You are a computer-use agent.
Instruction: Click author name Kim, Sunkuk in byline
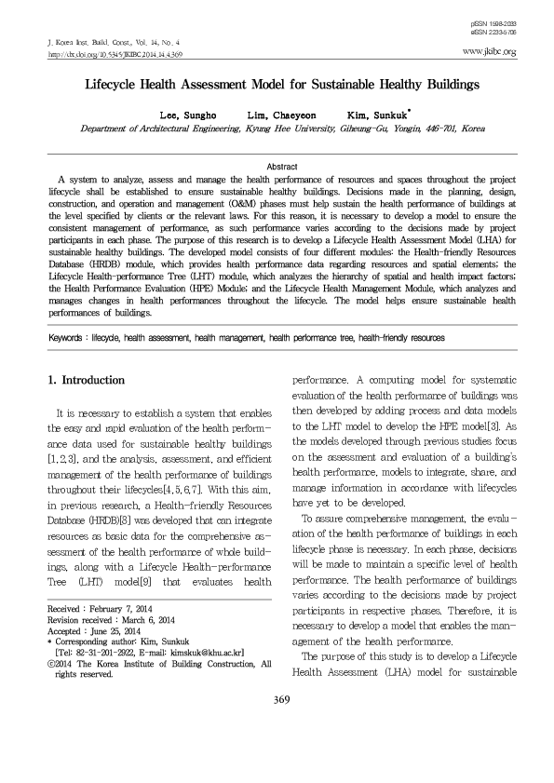(x=371, y=115)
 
